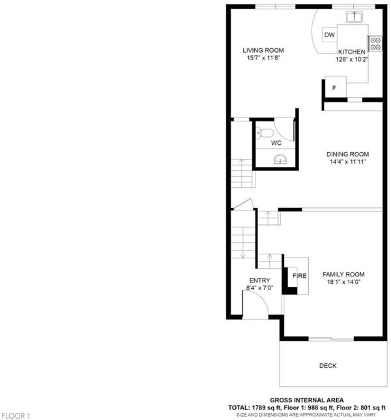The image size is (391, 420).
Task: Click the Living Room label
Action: click(x=263, y=50)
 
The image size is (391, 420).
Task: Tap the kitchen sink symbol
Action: click(x=355, y=16)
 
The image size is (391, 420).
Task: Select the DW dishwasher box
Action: click(x=330, y=35)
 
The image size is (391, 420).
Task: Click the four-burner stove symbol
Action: click(x=375, y=44)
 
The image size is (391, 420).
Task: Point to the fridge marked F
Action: click(x=336, y=87)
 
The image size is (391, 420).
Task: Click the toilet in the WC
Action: click(x=265, y=133)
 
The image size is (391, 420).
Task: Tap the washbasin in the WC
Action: click(x=280, y=159)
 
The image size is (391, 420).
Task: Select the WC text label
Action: click(x=276, y=143)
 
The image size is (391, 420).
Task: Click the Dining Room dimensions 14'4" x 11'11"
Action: click(x=347, y=162)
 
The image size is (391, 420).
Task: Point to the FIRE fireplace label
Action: click(x=300, y=276)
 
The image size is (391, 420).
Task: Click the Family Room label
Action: click(x=343, y=275)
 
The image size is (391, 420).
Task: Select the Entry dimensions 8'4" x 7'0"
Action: click(x=259, y=288)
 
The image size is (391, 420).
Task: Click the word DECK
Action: click(x=328, y=366)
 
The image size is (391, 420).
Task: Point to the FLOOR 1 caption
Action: click(x=15, y=416)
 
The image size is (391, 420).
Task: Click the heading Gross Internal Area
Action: click(x=307, y=400)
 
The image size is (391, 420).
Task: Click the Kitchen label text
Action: click(x=352, y=52)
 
